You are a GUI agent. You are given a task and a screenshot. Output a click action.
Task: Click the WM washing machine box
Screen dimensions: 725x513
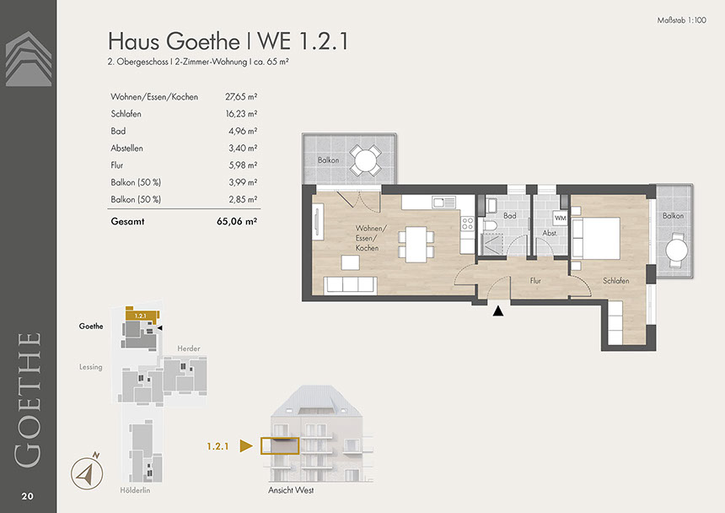click(x=561, y=218)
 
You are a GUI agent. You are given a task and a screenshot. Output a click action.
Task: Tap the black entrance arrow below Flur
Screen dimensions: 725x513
click(x=498, y=310)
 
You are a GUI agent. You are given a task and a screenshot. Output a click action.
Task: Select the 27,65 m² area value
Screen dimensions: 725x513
click(x=241, y=97)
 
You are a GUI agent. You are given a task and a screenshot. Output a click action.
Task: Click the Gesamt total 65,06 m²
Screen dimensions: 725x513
click(x=237, y=222)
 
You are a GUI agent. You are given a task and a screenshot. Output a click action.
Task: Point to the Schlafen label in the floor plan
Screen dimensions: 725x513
click(x=616, y=281)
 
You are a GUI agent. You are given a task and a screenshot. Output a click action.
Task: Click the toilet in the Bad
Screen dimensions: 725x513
click(x=489, y=224)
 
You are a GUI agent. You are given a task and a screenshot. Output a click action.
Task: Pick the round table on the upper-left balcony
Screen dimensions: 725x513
click(x=366, y=161)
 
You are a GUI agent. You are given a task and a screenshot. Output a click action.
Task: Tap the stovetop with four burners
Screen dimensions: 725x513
click(x=468, y=224)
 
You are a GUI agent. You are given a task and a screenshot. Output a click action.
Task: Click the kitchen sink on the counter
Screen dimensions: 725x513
click(x=444, y=202)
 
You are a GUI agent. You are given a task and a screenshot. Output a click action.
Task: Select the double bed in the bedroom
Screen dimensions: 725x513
click(x=596, y=238)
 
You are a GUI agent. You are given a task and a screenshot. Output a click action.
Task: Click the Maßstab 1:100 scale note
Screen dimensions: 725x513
click(x=681, y=20)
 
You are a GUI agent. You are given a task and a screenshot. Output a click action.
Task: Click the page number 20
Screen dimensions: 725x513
click(x=27, y=496)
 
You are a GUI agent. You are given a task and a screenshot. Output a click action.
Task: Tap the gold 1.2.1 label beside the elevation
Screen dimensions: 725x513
click(x=217, y=446)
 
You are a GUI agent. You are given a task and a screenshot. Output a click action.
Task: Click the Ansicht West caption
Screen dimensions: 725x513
click(x=291, y=490)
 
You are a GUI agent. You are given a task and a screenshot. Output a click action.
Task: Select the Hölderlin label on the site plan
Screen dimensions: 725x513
click(x=135, y=490)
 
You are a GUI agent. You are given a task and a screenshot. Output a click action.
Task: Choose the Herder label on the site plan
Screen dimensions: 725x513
click(x=189, y=348)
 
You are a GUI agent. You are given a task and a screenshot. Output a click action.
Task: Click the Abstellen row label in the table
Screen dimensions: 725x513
click(x=126, y=148)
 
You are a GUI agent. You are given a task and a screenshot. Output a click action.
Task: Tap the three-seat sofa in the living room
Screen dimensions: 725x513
click(x=350, y=285)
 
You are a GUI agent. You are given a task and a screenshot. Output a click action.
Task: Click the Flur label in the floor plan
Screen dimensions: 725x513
click(x=535, y=280)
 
